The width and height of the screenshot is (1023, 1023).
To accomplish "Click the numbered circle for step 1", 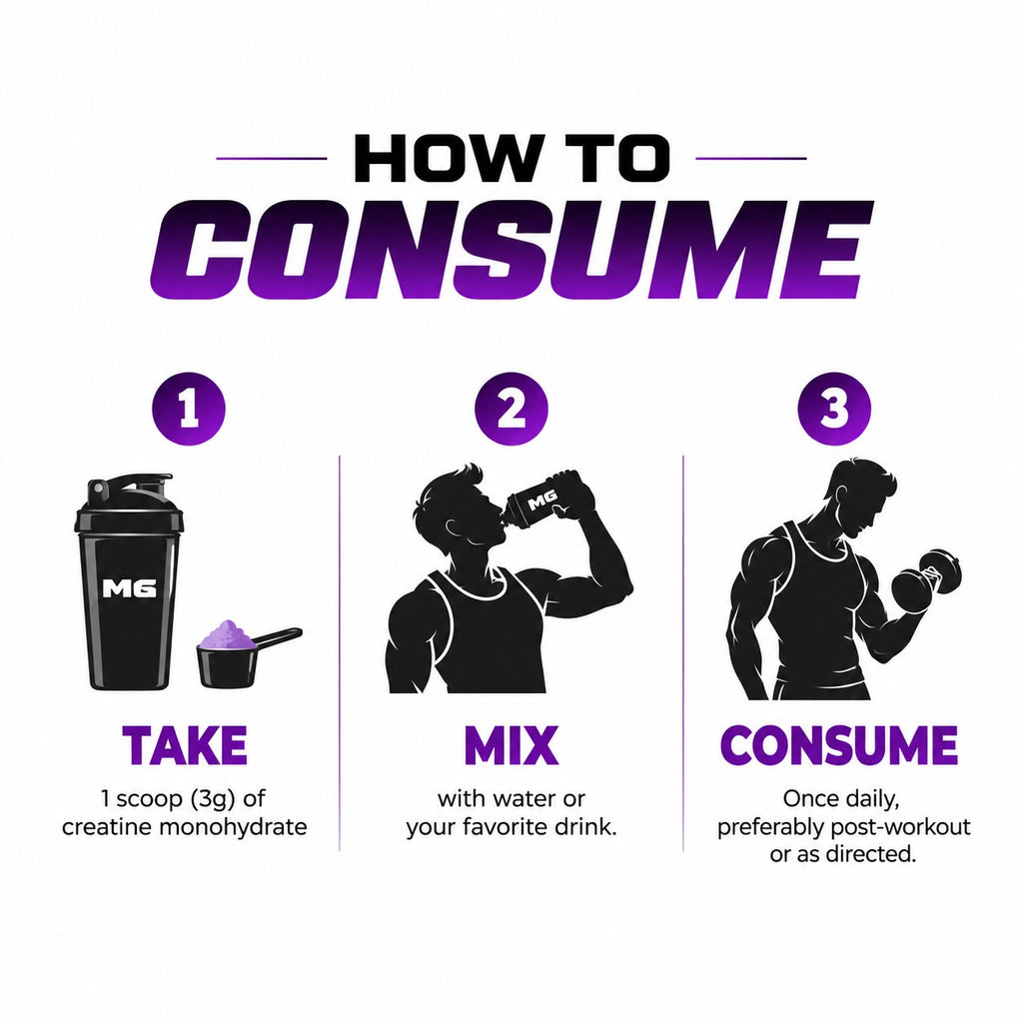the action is (x=189, y=409).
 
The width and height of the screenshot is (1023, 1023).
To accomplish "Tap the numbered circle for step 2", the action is (x=511, y=409).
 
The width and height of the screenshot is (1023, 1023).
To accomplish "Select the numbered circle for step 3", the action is (x=834, y=409).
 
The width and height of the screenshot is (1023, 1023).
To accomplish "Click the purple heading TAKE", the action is (x=185, y=745).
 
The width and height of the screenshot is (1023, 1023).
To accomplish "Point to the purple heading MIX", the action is (x=511, y=745).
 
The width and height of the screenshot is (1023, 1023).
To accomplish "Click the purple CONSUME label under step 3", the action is (x=839, y=745).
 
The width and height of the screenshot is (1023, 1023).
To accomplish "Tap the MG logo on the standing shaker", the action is (x=130, y=588).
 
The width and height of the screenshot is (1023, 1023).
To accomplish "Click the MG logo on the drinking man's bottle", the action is (x=542, y=500).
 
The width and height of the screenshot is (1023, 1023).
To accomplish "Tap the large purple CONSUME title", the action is (x=511, y=249).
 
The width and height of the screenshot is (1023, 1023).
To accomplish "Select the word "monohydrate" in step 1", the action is (x=233, y=827).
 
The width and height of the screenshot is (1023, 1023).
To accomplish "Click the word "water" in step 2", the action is (x=527, y=799).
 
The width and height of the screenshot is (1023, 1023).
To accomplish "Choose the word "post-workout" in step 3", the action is (x=900, y=827).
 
